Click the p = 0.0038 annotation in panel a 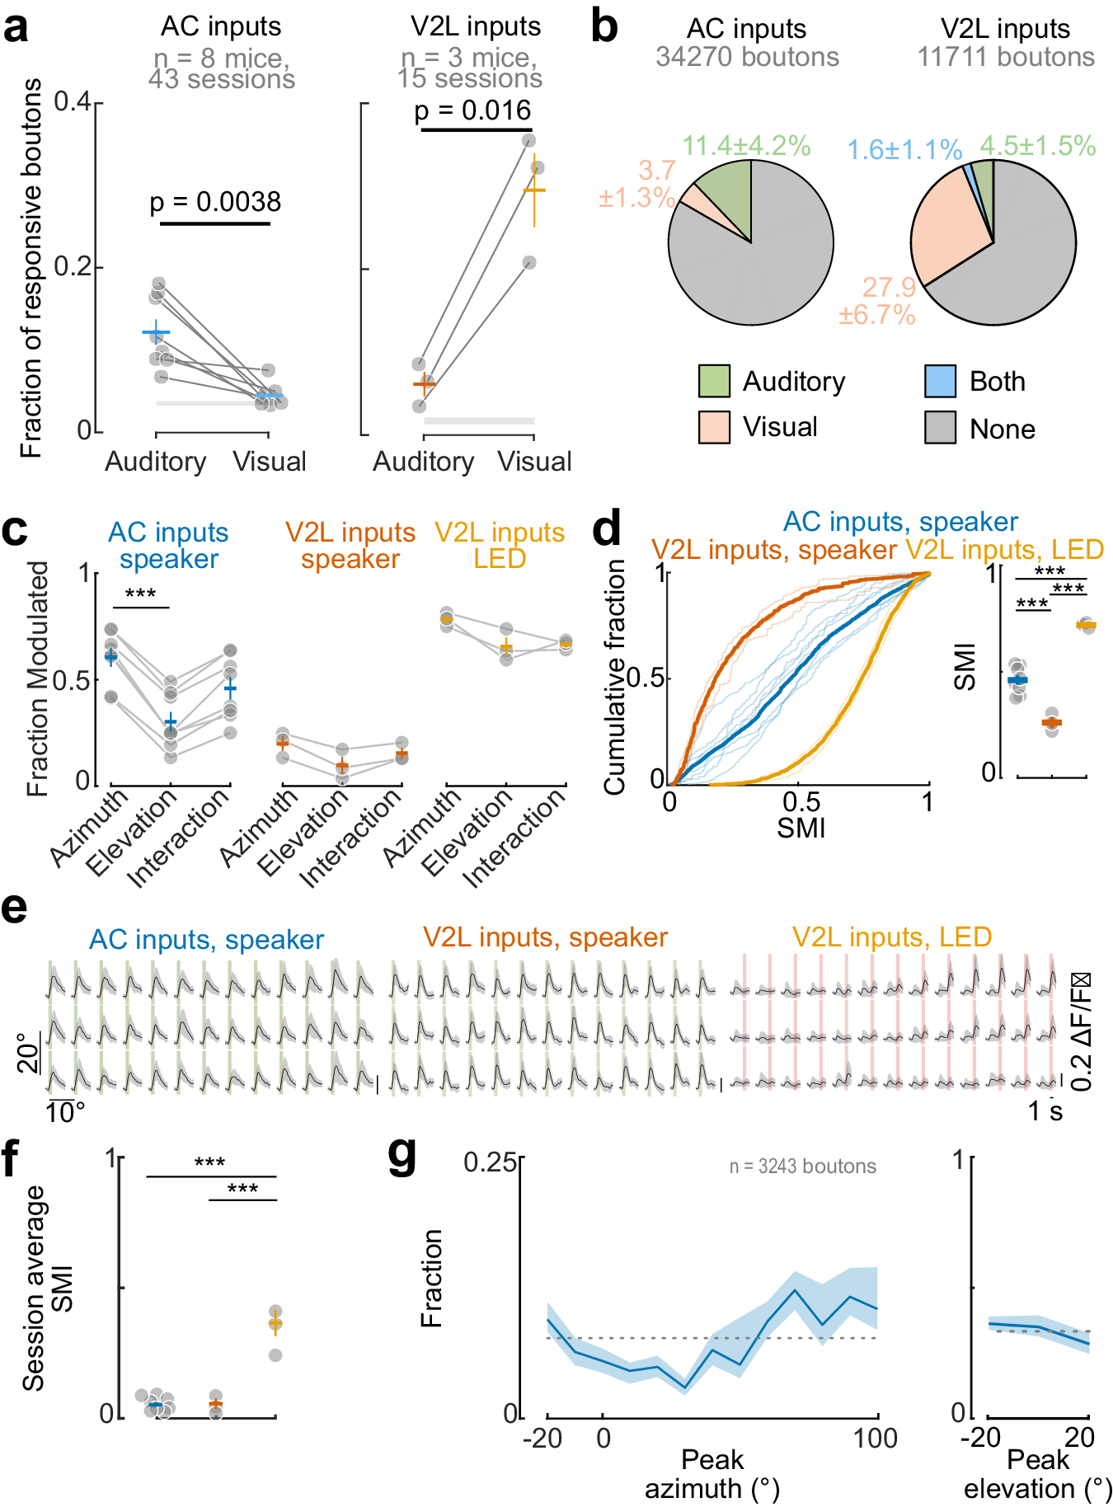pos(215,202)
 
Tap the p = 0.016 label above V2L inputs pos(472,110)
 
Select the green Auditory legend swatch pos(714,381)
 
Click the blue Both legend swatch pos(940,381)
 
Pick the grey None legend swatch pos(940,428)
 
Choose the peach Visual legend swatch pos(714,427)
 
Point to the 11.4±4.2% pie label pos(746,146)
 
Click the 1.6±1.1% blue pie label pos(904,150)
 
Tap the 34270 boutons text pos(747,57)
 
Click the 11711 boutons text pos(1006,57)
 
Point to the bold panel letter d pos(607,528)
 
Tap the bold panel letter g pos(402,1156)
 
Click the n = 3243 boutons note pos(802,1167)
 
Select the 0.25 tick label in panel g pos(490,1162)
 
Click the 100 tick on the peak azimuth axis pos(876,1439)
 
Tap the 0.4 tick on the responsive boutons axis pos(73,102)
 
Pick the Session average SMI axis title pos(47,1288)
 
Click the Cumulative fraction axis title pos(615,677)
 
